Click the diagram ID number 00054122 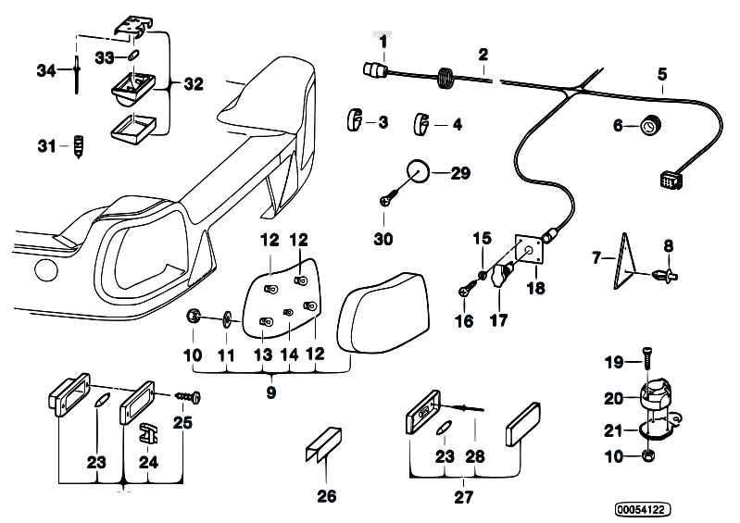tap(643, 509)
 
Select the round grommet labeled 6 tap(650, 126)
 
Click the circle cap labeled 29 tap(418, 172)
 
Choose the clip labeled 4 tap(422, 124)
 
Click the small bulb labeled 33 tap(133, 56)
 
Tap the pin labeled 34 tap(77, 74)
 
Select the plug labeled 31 tap(79, 146)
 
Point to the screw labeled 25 tap(188, 396)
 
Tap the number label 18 tap(535, 287)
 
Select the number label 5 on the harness tap(662, 74)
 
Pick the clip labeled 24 tap(147, 433)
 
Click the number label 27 tap(463, 496)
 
